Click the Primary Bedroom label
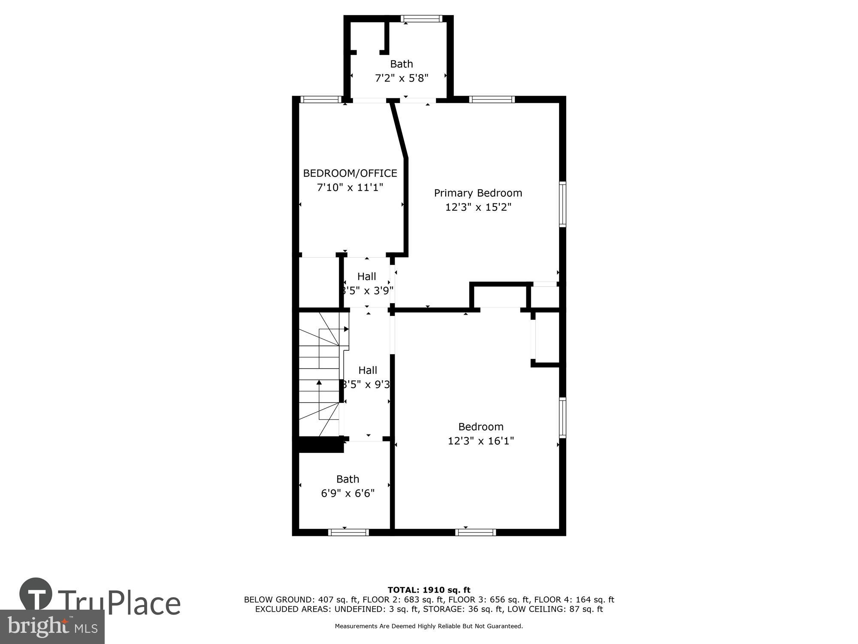click(478, 193)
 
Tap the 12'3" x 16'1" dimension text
click(480, 441)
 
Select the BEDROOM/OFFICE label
click(350, 173)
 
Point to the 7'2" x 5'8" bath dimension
click(402, 78)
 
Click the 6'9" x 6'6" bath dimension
click(347, 493)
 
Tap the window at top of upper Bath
click(421, 18)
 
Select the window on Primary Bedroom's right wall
click(562, 204)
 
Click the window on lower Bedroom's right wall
click(562, 418)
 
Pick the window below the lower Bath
click(348, 532)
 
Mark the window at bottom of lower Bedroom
click(475, 532)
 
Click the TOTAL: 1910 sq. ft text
click(429, 590)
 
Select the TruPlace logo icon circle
click(36, 594)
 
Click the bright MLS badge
click(52, 627)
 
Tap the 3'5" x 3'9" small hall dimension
click(367, 291)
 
